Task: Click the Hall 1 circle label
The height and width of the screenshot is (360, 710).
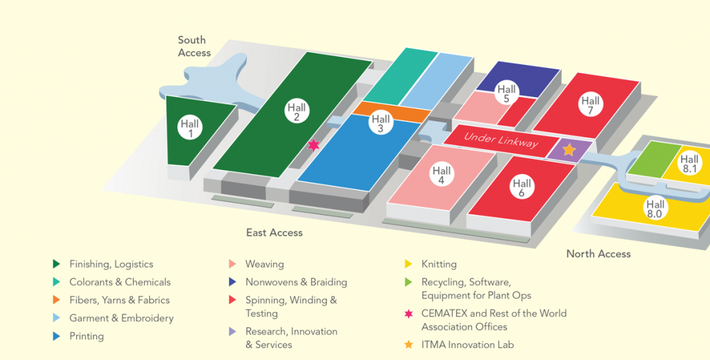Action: [x=190, y=128]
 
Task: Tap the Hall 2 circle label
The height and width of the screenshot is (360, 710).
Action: [x=297, y=112]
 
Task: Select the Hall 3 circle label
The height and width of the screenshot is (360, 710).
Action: [x=381, y=123]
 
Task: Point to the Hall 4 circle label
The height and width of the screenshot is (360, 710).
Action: [x=442, y=175]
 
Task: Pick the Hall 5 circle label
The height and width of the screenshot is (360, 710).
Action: [x=507, y=94]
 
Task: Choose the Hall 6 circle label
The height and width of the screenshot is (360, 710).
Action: [x=522, y=187]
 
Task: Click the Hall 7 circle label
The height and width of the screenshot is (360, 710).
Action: [x=591, y=105]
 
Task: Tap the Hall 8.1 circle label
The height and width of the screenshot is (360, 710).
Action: [x=689, y=164]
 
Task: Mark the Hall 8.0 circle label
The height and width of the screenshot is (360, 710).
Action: [x=655, y=209]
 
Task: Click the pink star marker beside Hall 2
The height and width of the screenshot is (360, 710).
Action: [x=313, y=145]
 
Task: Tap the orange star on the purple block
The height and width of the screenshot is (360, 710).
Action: [x=569, y=149]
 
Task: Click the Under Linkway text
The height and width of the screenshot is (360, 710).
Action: [x=501, y=139]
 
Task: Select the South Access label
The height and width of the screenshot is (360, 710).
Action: [x=194, y=46]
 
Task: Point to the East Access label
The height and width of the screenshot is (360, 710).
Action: [x=275, y=232]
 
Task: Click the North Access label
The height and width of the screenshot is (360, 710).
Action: [x=598, y=254]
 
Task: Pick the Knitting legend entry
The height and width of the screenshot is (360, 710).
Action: [x=439, y=264]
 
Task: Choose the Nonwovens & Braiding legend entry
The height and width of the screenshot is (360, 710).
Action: [x=296, y=282]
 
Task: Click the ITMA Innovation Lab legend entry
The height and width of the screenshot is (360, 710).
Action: [x=467, y=345]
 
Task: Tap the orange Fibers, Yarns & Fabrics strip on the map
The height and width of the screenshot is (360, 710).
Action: [x=388, y=111]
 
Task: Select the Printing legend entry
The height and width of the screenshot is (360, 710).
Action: [x=87, y=336]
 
